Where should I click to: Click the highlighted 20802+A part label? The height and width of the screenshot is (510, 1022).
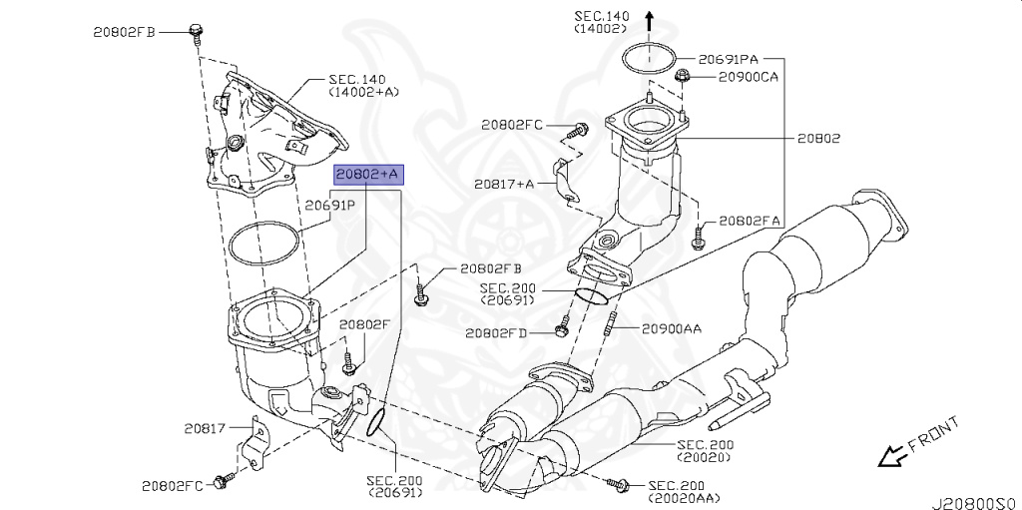367,175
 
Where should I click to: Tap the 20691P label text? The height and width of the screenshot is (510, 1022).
330,206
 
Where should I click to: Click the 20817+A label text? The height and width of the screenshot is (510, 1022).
504,184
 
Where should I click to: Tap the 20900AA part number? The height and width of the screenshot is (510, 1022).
673,326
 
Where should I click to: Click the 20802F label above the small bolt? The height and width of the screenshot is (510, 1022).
364,324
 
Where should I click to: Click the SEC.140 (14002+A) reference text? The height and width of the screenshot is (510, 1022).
363,85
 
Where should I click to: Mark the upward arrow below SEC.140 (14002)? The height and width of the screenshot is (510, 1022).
650,19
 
